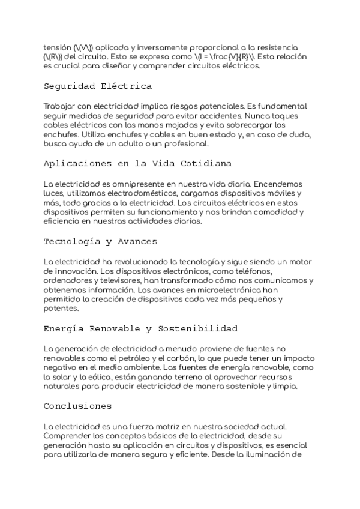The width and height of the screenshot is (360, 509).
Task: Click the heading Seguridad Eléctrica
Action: point(97,86)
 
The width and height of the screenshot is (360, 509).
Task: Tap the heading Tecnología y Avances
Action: point(100,241)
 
